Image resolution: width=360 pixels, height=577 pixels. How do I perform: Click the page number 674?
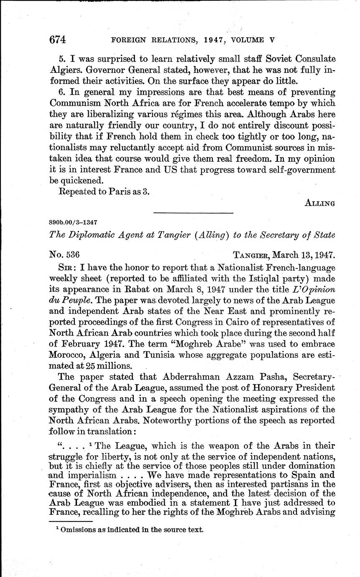[x=58, y=40]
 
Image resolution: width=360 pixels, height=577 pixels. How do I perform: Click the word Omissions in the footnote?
[x=78, y=529]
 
